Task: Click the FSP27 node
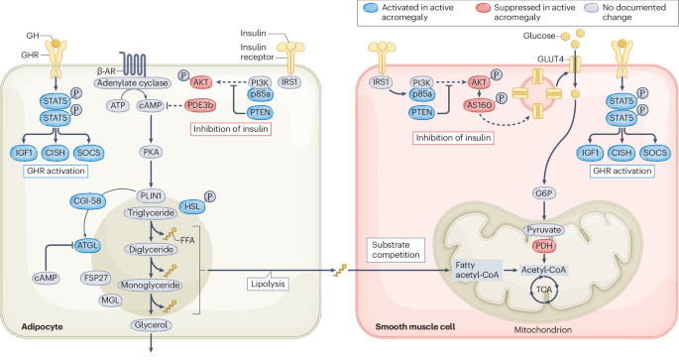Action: click(x=96, y=279)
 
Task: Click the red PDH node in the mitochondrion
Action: click(x=542, y=245)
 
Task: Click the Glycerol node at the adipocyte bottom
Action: click(x=151, y=323)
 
